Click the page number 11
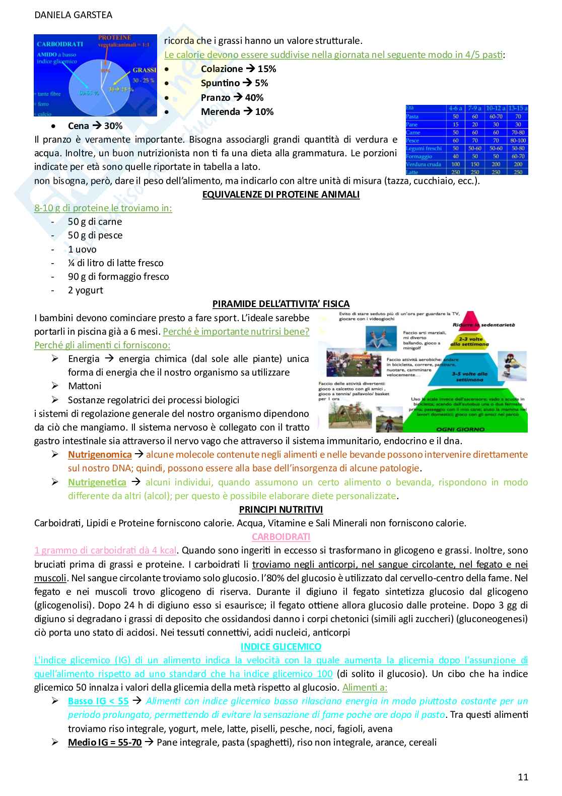point(523,777)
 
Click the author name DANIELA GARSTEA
point(73,15)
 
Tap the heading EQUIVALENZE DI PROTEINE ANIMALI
point(280,194)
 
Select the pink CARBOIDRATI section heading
point(281,536)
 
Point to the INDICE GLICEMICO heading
point(280,646)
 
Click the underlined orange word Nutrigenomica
point(100,454)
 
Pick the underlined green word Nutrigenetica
point(97,482)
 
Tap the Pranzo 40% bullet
point(232,97)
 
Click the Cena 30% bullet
point(95,126)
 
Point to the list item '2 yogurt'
point(85,290)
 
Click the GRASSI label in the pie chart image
point(144,70)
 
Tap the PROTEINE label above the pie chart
point(114,38)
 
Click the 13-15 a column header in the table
point(518,108)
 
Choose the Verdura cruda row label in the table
point(424,164)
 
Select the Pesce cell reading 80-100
point(518,141)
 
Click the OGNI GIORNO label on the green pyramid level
point(460,429)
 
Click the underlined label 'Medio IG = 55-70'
point(105,742)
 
